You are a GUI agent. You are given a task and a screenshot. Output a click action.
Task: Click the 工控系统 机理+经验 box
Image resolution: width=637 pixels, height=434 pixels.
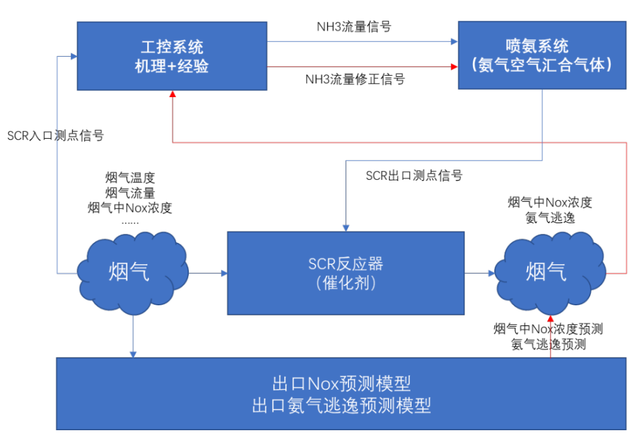point(172,56)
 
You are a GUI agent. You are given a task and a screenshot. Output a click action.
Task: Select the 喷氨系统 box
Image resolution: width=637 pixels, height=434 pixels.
point(542,56)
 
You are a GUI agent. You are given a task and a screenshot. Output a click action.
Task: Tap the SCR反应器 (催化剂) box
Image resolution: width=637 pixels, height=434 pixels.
point(345,273)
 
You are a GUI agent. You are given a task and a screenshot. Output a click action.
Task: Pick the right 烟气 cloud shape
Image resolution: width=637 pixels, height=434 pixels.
point(547,273)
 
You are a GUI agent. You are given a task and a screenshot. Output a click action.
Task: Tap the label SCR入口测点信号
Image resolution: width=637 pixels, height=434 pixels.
point(56,135)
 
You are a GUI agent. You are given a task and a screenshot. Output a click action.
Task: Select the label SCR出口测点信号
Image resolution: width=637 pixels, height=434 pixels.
point(414,175)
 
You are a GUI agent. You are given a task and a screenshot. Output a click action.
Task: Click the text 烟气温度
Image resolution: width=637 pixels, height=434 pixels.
point(130,178)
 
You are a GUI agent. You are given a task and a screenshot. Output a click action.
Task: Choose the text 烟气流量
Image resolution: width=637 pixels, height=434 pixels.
point(130,193)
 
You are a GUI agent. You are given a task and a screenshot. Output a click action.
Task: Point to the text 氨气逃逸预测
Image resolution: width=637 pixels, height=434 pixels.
point(549,344)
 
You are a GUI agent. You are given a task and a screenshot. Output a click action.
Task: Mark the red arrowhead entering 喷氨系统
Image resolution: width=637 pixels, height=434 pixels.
point(453,66)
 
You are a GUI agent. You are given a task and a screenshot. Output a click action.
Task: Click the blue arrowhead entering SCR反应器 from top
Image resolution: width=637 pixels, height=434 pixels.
point(345,227)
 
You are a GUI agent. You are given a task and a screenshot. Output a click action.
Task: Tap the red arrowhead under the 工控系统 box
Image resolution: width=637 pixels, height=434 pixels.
point(172,94)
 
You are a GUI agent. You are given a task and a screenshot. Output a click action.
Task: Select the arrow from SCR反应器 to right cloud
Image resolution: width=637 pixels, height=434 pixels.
point(480,273)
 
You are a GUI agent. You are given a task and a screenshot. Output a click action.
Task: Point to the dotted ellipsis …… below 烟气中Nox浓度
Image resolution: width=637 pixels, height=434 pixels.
point(130,221)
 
